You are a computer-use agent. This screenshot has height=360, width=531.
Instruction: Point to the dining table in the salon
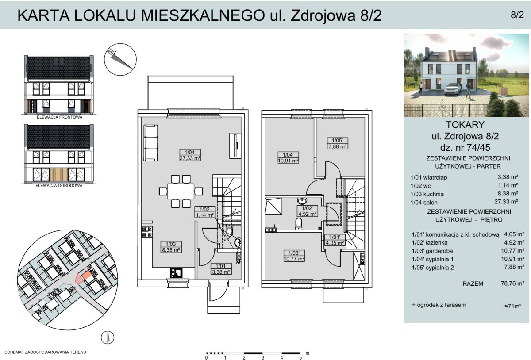click(181, 191)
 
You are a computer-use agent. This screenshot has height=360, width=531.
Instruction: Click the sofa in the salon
click(150, 143)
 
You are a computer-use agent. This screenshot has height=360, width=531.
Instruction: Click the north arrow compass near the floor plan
click(120, 59)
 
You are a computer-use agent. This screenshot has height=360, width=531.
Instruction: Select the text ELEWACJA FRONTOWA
click(59, 117)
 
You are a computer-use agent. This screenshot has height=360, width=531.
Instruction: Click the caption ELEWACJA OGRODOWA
click(59, 186)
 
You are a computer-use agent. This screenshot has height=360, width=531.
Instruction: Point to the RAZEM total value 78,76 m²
click(512, 283)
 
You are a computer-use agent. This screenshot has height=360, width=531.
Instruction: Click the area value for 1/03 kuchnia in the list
click(508, 194)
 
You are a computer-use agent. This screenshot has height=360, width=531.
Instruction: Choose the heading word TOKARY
click(465, 125)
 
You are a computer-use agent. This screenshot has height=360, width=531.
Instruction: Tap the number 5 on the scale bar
click(300, 358)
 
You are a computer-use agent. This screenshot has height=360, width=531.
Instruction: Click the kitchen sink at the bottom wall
click(176, 273)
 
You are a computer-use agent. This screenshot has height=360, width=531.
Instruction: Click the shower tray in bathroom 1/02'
click(273, 207)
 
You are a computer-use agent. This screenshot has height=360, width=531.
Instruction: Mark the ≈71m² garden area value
click(513, 306)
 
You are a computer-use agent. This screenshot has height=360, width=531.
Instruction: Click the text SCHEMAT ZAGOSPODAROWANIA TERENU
click(45, 352)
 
